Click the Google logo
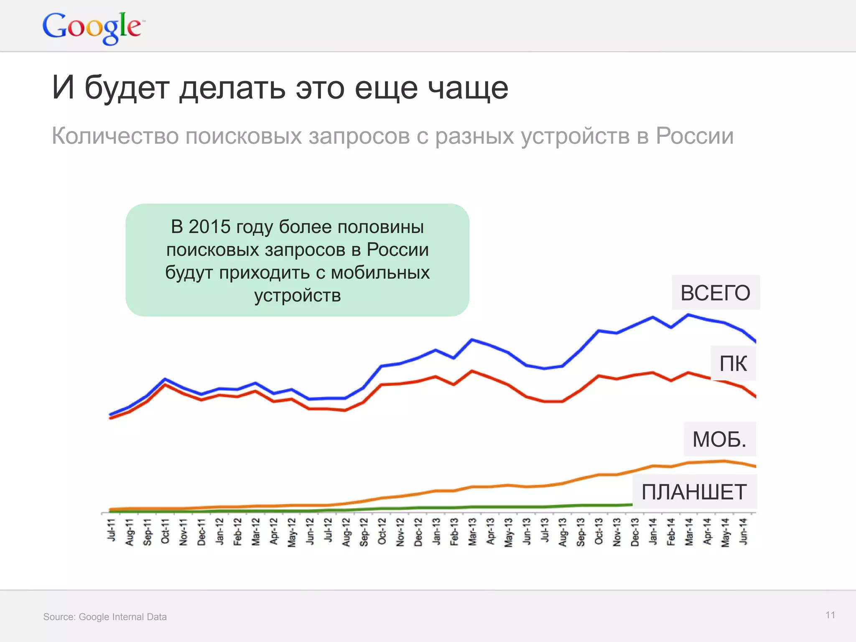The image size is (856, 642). point(93,27)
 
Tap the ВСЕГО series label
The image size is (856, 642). point(715,293)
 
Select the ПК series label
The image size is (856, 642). point(733,364)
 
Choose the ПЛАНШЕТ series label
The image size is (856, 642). point(694,492)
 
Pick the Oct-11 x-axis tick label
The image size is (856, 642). point(166,531)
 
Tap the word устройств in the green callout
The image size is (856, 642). point(298,296)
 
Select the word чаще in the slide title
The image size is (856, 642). point(469,88)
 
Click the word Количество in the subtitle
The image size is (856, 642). point(115,136)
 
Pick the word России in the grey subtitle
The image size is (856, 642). point(694,136)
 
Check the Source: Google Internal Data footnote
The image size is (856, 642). point(105,617)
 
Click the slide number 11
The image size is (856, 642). point(830,615)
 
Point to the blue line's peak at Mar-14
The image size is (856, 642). point(688,315)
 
